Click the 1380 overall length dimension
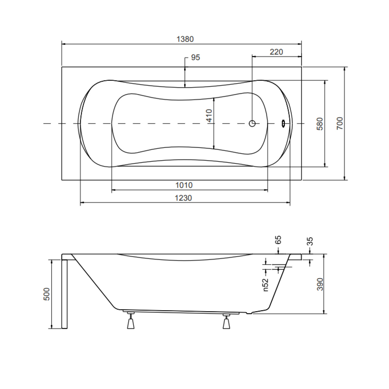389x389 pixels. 185,39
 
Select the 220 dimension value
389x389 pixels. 276,52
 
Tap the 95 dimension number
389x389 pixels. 195,57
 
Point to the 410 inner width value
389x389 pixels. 209,116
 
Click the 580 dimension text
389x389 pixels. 320,124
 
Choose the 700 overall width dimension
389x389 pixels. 340,123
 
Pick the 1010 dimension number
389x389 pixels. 184,185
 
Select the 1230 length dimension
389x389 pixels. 183,198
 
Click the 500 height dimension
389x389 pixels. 47,294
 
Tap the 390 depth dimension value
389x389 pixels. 320,284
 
